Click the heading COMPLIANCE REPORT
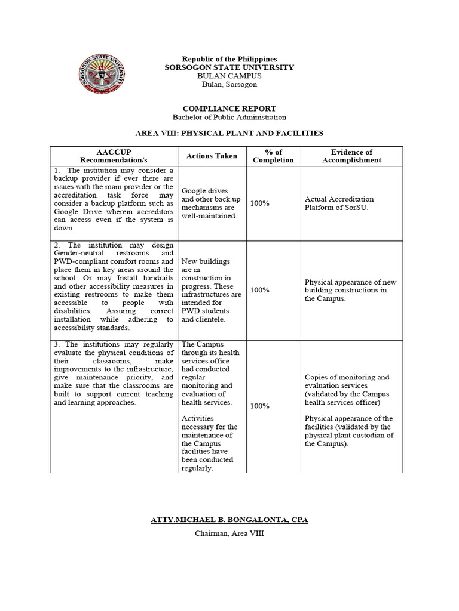tap(229, 109)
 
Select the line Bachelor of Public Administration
tap(229, 118)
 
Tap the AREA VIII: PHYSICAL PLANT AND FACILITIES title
tap(229, 133)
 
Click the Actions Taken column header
tap(212, 156)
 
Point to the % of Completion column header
tap(273, 156)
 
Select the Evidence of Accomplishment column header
tap(351, 156)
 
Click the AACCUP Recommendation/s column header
tap(114, 156)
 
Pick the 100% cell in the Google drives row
tap(259, 203)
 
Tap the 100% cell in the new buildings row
tap(259, 290)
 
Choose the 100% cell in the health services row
tap(259, 406)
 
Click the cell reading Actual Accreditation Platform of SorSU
tap(339, 203)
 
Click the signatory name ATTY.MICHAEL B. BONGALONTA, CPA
tap(229, 520)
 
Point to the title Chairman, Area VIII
tap(229, 533)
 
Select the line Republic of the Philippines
tap(229, 59)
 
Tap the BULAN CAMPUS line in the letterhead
tap(229, 76)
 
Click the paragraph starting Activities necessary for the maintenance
tap(209, 443)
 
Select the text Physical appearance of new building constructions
tap(350, 290)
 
